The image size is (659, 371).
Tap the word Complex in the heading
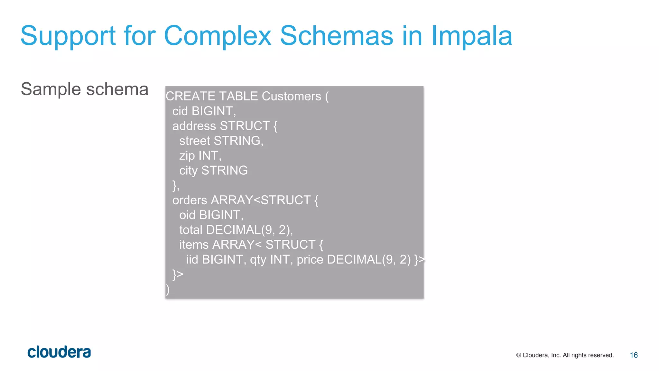coord(218,36)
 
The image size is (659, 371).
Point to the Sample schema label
coord(84,89)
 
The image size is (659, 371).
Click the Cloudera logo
coord(59,352)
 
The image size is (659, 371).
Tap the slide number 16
coord(634,355)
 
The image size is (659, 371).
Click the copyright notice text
coord(565,355)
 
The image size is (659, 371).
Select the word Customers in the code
coord(291,96)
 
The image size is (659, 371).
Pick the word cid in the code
coord(180,111)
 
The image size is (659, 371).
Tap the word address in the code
coord(194,126)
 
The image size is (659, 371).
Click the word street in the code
coord(194,141)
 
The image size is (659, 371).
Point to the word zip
coord(187,156)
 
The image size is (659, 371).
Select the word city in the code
coord(188,171)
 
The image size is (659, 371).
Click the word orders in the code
coord(190,200)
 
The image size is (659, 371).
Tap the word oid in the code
coord(187,215)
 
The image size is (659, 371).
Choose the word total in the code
coord(190,230)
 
